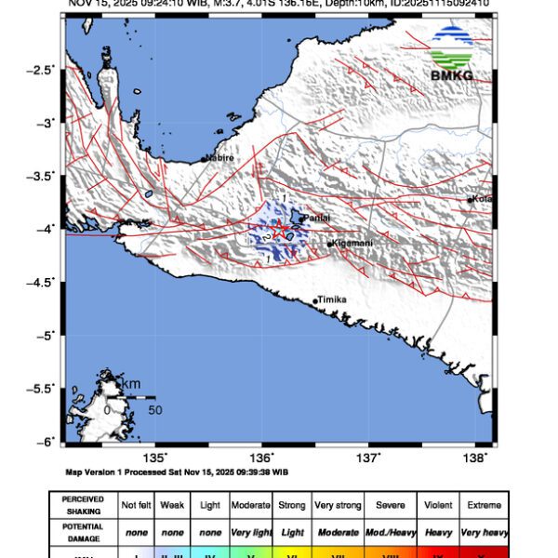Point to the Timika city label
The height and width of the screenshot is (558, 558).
[332, 300]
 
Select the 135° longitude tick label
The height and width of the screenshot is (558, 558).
[156, 458]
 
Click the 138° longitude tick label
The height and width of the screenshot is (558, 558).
[476, 458]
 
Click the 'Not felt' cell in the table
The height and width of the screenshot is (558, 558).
[138, 505]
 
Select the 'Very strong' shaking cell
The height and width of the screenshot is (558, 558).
[337, 505]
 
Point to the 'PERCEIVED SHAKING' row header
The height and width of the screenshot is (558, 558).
[84, 505]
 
